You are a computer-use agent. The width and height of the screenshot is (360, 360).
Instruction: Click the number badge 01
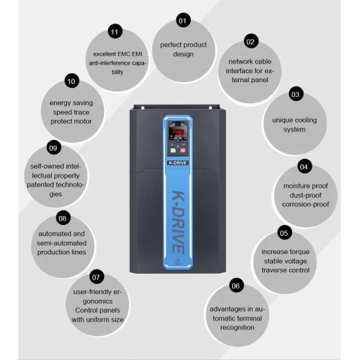coord(183,20)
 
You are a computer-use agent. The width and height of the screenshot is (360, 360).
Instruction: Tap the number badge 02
coord(251,41)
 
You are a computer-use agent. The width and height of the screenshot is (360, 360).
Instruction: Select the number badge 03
coord(295,94)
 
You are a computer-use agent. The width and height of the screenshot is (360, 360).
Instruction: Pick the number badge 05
coord(284,233)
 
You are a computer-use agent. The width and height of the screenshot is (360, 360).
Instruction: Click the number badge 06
coord(236,286)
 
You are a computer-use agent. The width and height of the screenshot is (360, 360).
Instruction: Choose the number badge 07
coord(95,278)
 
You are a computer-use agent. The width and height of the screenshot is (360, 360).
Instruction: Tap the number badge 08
coord(61,218)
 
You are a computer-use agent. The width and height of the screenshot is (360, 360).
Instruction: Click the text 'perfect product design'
coord(183,49)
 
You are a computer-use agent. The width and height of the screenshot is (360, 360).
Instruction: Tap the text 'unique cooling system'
coord(295,125)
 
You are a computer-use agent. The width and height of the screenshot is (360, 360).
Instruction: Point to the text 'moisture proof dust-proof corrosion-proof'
coord(306,194)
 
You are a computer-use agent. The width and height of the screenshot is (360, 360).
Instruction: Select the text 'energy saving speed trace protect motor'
coord(71,112)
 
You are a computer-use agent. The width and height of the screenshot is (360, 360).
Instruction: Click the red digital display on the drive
coord(179,131)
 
